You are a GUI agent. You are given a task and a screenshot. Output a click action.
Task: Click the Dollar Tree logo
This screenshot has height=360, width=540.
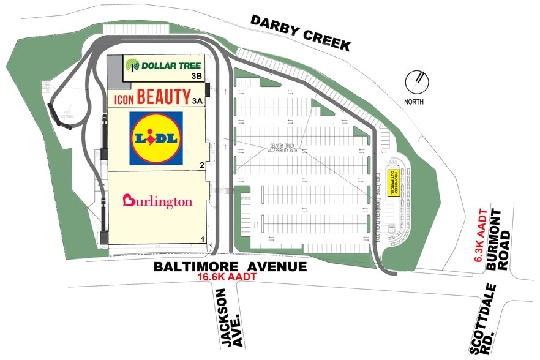pos(163,65)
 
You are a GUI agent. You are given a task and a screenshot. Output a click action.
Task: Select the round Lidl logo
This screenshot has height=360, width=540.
pos(156,138)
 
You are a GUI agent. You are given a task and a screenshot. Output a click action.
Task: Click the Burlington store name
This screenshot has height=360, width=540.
pos(157,201)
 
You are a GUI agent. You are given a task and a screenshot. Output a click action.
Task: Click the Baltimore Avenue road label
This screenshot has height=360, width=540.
pos(230,267)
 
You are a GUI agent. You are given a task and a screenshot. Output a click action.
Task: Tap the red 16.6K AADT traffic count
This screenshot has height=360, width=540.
pos(225,277)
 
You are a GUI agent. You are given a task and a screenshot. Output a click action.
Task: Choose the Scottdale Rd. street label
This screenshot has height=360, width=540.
pos(484,318)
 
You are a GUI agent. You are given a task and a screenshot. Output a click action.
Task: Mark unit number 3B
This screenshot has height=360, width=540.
pos(197,77)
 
